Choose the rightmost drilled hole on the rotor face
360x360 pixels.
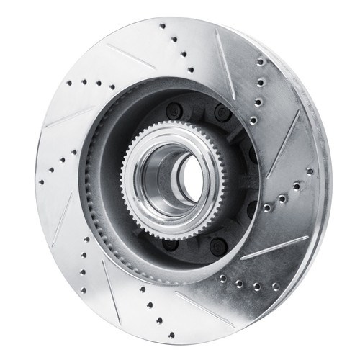click(310, 171)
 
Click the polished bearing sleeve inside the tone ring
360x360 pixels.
click(160, 173)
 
